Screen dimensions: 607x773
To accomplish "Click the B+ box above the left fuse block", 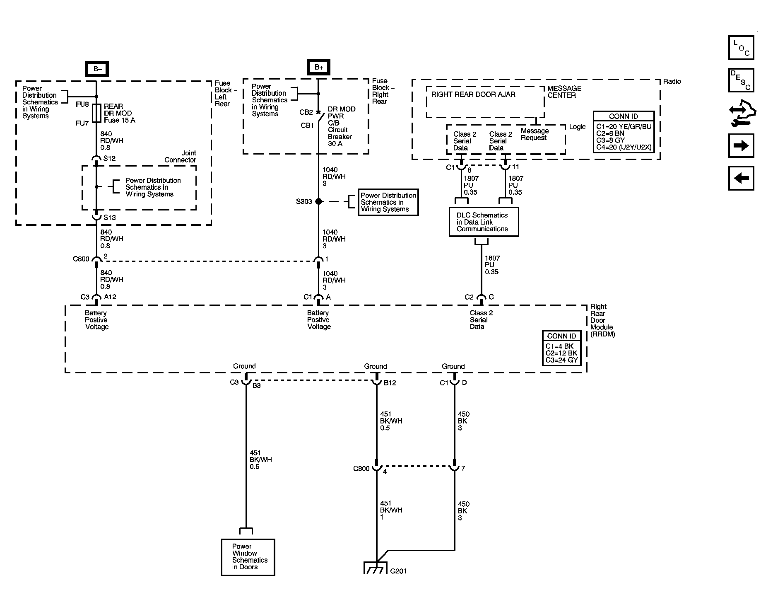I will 97,69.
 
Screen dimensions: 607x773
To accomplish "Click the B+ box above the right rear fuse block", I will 318,67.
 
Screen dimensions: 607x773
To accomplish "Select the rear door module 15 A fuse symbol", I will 96,114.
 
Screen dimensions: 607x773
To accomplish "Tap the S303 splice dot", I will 318,201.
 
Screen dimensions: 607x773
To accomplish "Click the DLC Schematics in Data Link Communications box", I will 484,222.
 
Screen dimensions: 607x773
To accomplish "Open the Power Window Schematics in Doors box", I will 248,557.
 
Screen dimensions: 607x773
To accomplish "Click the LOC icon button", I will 741,48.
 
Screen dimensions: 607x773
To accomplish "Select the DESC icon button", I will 741,80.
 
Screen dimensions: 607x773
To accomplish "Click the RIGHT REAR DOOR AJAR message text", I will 473,94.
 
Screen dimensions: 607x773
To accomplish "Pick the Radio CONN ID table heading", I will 623,116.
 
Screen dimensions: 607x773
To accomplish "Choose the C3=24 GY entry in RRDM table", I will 561,360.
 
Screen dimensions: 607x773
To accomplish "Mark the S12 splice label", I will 109,158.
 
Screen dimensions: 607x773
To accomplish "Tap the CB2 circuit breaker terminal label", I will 306,112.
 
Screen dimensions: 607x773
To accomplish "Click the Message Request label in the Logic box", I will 535,134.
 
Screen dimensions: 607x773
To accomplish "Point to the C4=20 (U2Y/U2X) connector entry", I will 624,147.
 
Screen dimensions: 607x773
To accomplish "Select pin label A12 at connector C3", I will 110,297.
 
